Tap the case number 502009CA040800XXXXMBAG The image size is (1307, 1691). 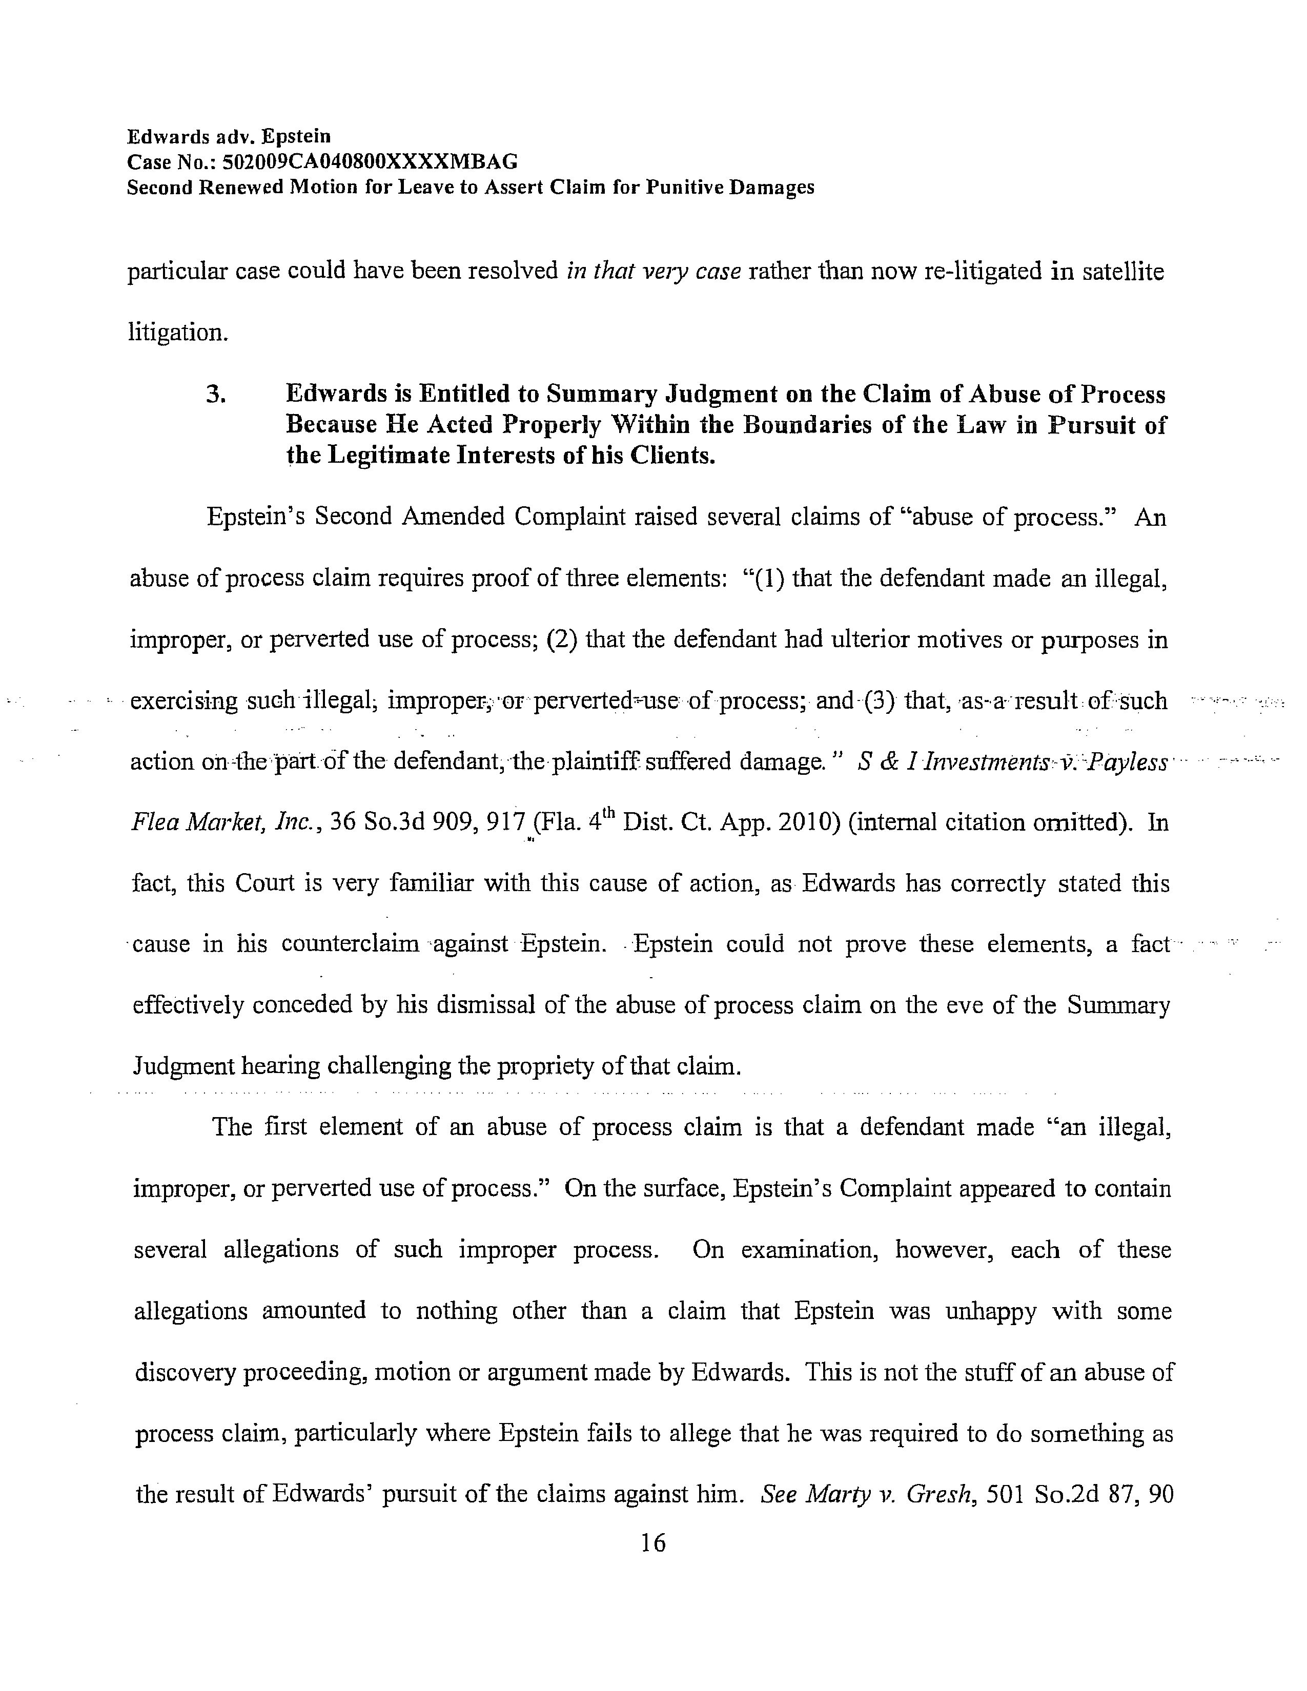(x=370, y=162)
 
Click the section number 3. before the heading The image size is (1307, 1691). (x=216, y=395)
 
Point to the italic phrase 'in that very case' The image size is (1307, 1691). (x=655, y=271)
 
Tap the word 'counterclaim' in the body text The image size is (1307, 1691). (x=350, y=944)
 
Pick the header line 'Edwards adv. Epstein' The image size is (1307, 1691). (x=229, y=136)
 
